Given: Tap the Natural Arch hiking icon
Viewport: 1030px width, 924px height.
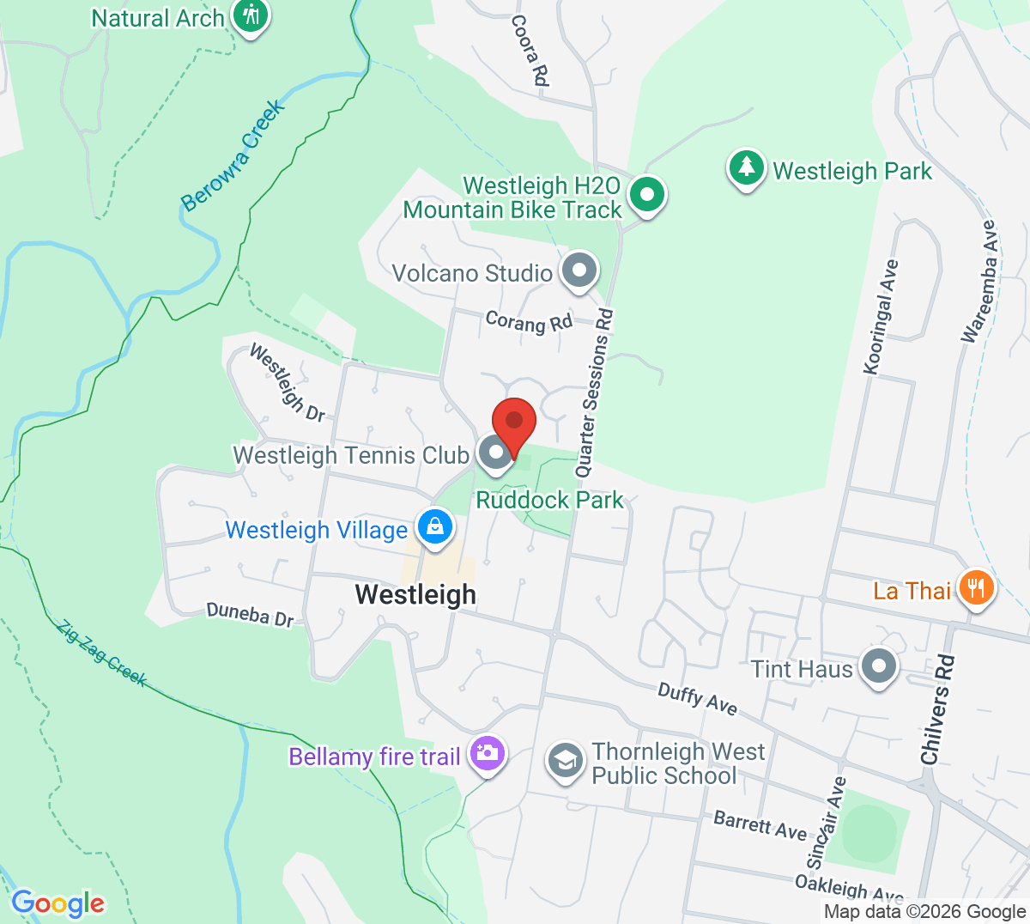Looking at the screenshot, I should (x=251, y=16).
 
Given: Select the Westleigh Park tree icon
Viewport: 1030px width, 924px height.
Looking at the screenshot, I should (x=747, y=168).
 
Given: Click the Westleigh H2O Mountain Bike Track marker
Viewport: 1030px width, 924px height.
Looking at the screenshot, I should (x=646, y=195).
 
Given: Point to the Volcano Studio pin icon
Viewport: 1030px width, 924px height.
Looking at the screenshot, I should (x=579, y=271).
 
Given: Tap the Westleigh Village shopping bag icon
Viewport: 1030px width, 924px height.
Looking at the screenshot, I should (x=435, y=526).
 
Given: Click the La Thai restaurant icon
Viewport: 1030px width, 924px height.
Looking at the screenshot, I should (x=975, y=589).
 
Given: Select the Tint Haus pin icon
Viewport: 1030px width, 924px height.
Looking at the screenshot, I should (x=878, y=667).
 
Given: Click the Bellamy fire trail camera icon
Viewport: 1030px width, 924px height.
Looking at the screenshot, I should (x=488, y=755).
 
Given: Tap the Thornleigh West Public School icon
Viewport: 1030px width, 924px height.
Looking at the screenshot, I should (x=566, y=762).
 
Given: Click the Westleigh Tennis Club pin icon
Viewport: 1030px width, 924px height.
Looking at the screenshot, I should (x=494, y=453).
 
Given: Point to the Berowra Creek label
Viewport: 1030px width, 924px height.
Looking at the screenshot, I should (x=232, y=156).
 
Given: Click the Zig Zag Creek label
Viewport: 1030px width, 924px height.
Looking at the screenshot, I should (x=102, y=653).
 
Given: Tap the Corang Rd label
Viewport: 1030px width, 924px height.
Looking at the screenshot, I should (x=529, y=322).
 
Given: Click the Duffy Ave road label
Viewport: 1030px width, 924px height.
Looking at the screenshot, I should (x=697, y=698).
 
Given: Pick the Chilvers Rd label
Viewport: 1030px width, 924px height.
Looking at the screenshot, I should (x=937, y=709).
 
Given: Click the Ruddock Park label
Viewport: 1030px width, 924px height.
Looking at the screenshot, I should (x=549, y=500).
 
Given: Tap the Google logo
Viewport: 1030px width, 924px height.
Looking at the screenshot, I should (x=58, y=903).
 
